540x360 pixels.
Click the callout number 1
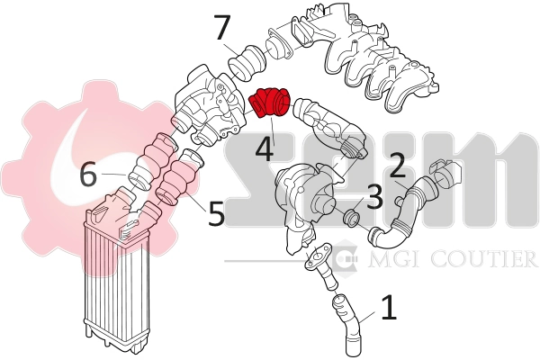pos(389,308)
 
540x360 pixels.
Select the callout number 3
pos(374,197)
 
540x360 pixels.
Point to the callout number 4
pos(265,149)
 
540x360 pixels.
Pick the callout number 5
pos(216,213)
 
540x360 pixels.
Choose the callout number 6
pos(88,175)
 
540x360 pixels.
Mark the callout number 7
pos(223,28)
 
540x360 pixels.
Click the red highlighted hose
pos(270,103)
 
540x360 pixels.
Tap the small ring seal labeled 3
pos(352,219)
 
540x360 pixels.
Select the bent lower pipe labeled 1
pos(346,325)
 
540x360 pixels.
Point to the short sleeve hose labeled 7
pos(247,64)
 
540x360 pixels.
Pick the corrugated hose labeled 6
pos(150,161)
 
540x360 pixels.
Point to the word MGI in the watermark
pos(393,258)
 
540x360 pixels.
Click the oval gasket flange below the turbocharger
pos(317,255)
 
